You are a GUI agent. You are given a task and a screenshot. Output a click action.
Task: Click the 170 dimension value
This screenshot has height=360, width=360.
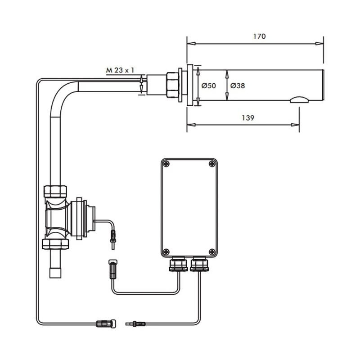click(x=260, y=36)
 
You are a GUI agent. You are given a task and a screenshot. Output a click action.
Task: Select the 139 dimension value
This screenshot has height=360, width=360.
click(x=247, y=118)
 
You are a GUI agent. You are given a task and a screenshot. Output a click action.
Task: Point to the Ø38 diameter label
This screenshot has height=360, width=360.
click(x=238, y=85)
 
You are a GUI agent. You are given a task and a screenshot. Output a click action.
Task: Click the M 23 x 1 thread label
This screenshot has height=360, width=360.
click(x=120, y=70)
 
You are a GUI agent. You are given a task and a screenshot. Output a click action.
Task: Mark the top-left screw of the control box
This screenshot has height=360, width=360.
click(x=167, y=164)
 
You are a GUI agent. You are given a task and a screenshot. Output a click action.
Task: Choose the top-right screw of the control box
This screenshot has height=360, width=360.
click(x=211, y=164)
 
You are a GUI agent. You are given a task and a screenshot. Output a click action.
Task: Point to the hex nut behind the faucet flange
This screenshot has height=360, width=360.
click(x=172, y=84)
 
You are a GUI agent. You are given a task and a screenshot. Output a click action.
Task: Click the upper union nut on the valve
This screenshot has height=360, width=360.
click(x=55, y=191)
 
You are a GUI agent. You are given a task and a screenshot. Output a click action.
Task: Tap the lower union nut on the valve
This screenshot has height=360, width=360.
click(x=55, y=243)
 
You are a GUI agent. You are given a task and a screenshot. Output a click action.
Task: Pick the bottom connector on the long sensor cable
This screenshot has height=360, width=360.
click(x=106, y=323)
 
